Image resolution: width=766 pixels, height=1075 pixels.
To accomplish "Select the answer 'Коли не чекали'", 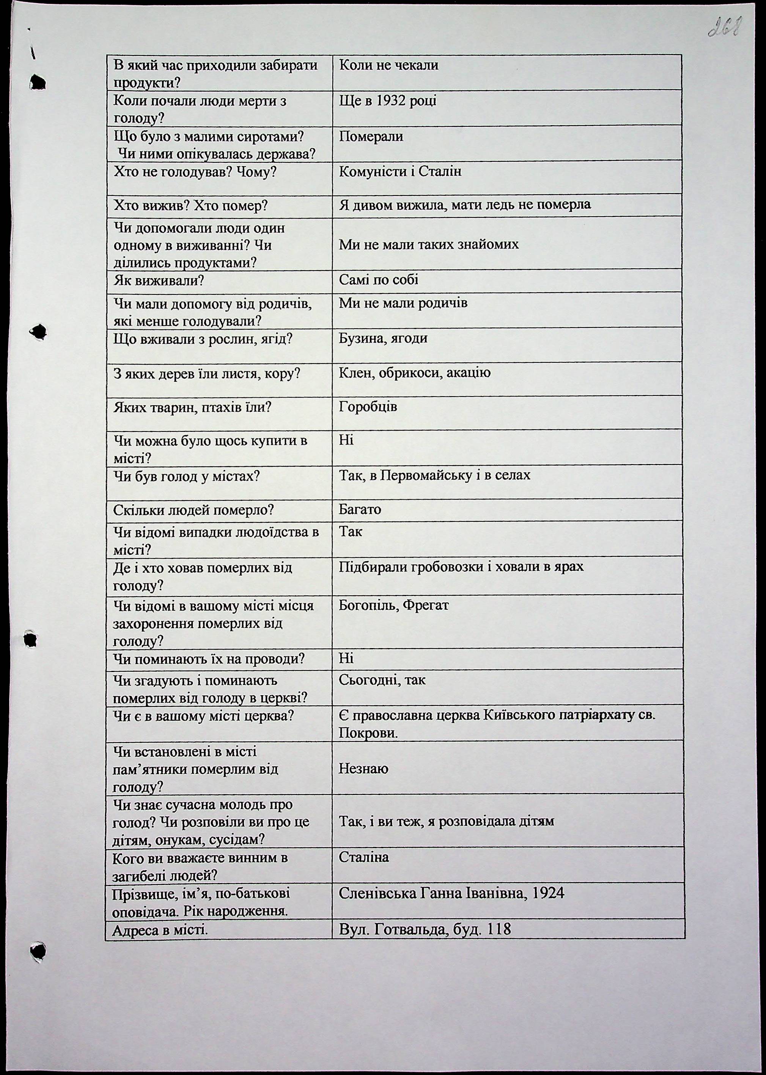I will (389, 65).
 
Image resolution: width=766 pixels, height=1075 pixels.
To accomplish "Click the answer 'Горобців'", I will (368, 407).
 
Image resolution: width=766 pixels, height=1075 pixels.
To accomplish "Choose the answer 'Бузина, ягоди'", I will (383, 338).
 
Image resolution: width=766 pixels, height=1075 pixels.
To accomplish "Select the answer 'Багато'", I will (360, 510).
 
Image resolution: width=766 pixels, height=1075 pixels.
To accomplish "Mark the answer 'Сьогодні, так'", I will (382, 680).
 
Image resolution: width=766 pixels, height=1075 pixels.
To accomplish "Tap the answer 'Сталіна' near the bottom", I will (364, 857).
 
